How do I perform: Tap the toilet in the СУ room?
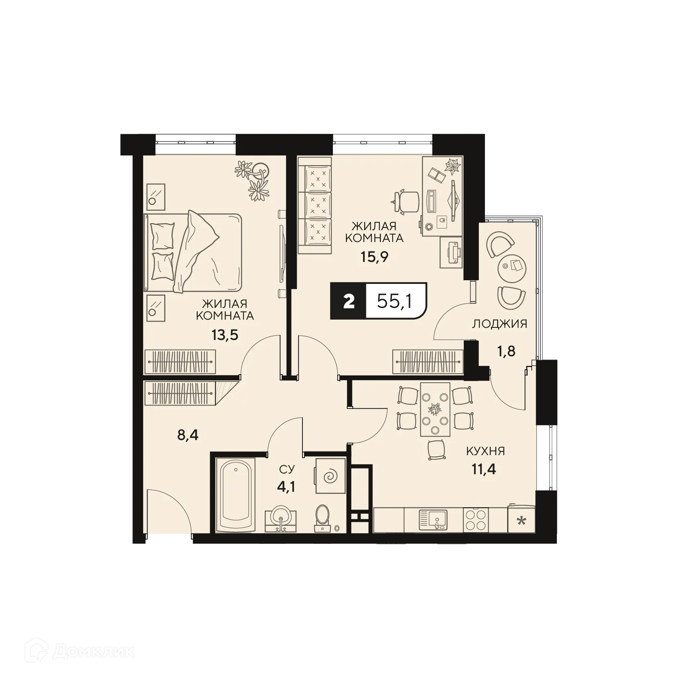[x=324, y=517]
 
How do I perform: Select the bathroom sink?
[x=280, y=519]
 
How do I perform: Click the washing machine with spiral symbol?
[x=330, y=475]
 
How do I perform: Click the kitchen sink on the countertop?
[x=432, y=519]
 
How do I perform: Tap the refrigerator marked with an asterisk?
[x=521, y=520]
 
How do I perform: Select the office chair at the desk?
[x=407, y=202]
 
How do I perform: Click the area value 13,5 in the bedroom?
[x=224, y=335]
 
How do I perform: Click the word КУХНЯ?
[x=485, y=451]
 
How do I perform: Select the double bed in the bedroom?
[x=193, y=252]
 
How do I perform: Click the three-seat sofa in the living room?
[x=315, y=201]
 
